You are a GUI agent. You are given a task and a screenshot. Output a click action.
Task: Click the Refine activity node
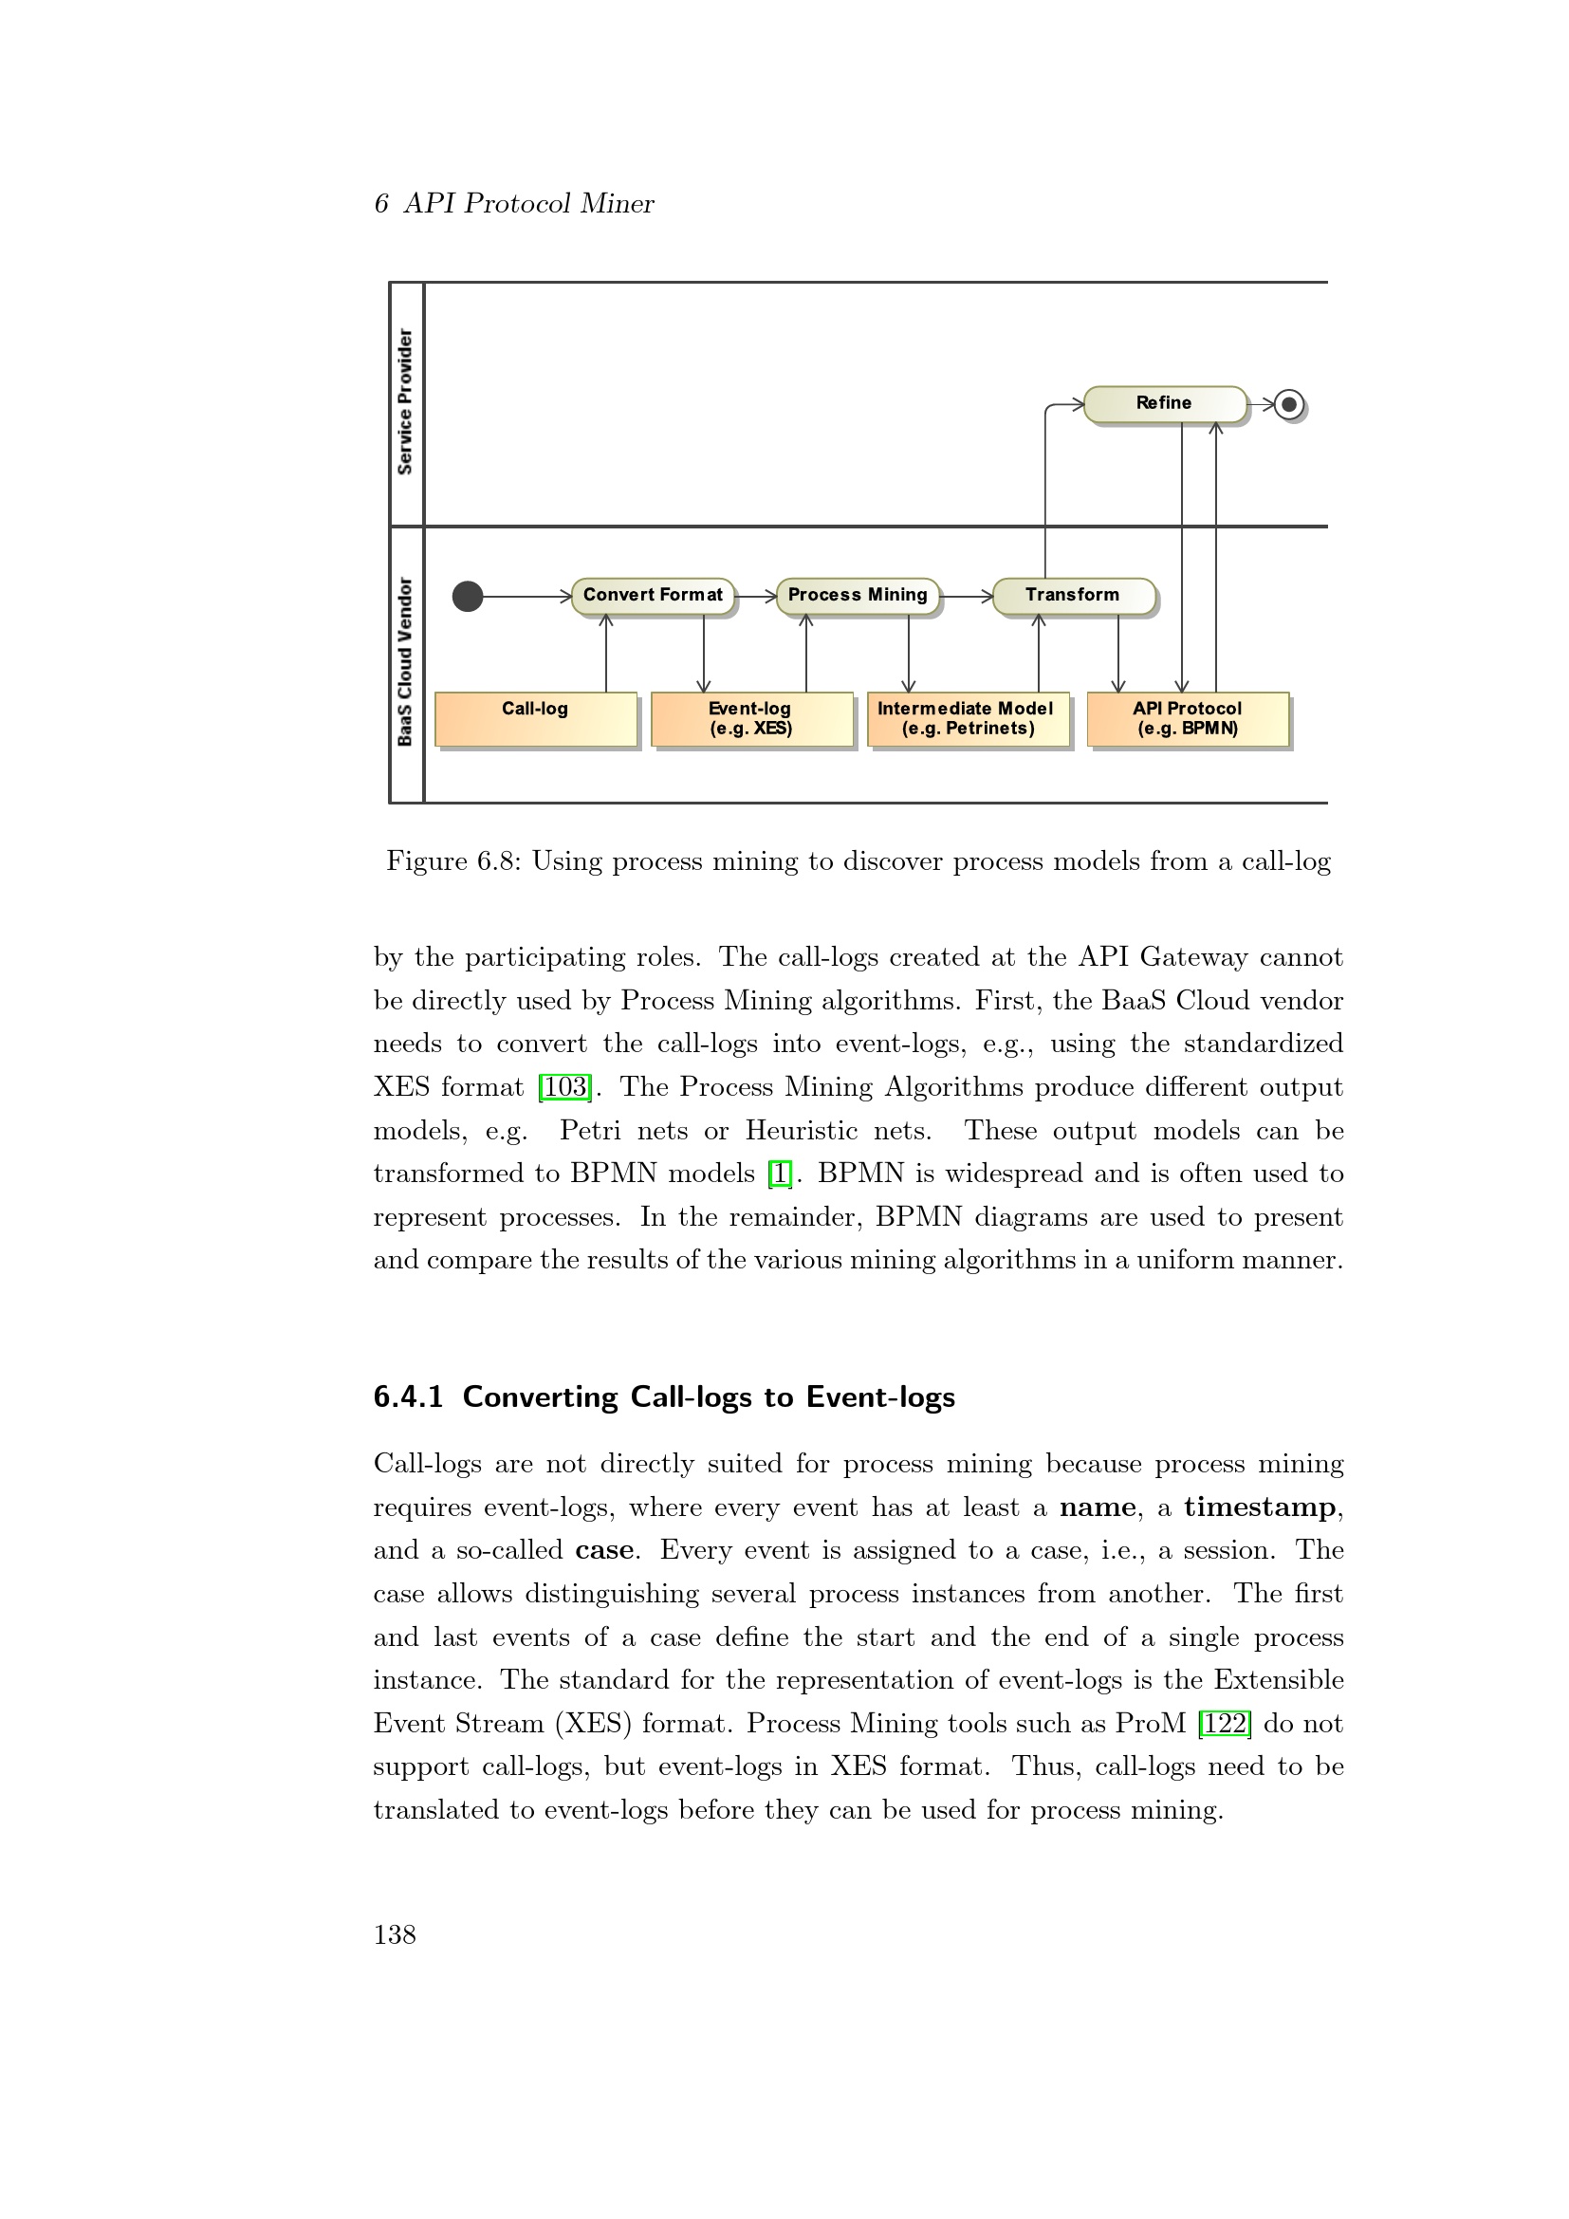(1164, 404)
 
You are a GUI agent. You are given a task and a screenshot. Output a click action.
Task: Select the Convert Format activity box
(652, 596)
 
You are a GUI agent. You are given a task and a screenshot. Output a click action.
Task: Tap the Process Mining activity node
(857, 596)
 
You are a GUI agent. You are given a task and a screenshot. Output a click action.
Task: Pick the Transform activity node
(1073, 596)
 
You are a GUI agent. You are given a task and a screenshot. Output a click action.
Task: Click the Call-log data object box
(535, 719)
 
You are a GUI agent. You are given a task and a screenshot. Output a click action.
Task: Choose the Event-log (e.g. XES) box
(750, 719)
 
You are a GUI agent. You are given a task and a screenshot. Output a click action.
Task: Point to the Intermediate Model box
(967, 719)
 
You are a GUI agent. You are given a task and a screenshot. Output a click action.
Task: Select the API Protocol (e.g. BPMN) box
(1188, 719)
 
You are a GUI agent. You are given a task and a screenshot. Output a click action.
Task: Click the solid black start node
(468, 597)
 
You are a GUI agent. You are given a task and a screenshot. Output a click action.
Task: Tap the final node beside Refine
(1288, 404)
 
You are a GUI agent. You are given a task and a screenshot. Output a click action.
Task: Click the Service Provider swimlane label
(406, 402)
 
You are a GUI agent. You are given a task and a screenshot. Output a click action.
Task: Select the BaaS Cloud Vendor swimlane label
(406, 663)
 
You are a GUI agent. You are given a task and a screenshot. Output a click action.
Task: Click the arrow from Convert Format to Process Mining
(756, 597)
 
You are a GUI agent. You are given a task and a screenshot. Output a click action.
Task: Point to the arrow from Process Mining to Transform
(967, 597)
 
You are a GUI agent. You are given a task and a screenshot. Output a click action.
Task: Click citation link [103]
(565, 1087)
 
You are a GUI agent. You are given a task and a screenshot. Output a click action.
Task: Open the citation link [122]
(1224, 1723)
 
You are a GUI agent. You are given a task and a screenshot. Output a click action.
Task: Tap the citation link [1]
(780, 1174)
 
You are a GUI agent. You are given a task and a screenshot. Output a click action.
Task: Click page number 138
(395, 1933)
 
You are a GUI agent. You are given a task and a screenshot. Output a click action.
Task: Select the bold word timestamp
(1260, 1507)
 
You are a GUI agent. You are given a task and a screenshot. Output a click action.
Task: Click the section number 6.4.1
(408, 1397)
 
